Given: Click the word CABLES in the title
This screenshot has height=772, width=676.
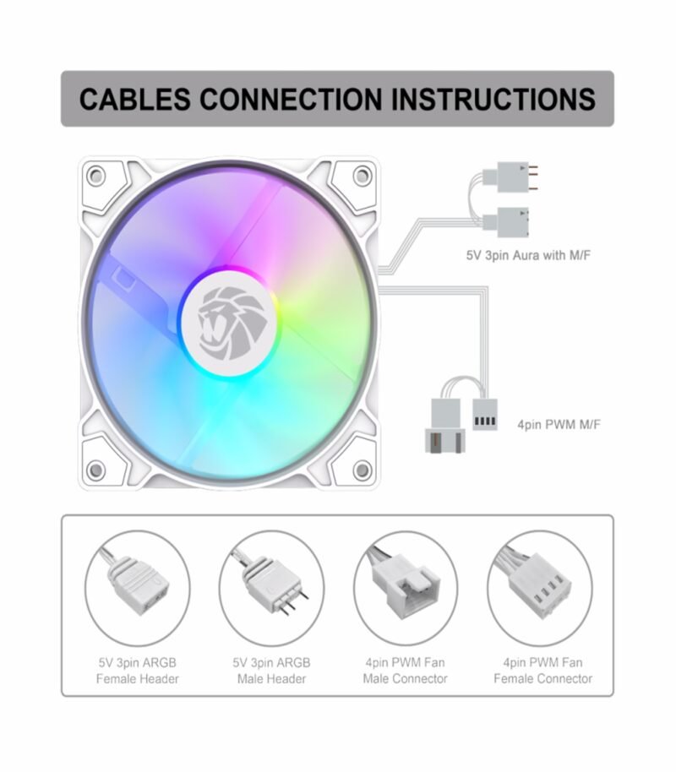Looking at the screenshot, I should tap(136, 99).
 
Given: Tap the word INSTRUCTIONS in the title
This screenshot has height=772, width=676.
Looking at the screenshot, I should tap(493, 99).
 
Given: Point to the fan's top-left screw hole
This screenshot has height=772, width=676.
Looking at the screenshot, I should tap(96, 177).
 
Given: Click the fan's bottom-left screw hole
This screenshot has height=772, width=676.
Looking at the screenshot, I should tap(96, 469).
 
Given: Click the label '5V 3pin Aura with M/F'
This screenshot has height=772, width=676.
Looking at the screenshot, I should tap(527, 253).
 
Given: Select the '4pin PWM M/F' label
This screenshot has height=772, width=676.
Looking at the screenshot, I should tap(559, 423).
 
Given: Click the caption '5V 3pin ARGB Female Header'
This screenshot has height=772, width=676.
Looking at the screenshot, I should tap(138, 670).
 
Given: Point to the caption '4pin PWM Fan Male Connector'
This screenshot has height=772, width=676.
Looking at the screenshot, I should tap(405, 670).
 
